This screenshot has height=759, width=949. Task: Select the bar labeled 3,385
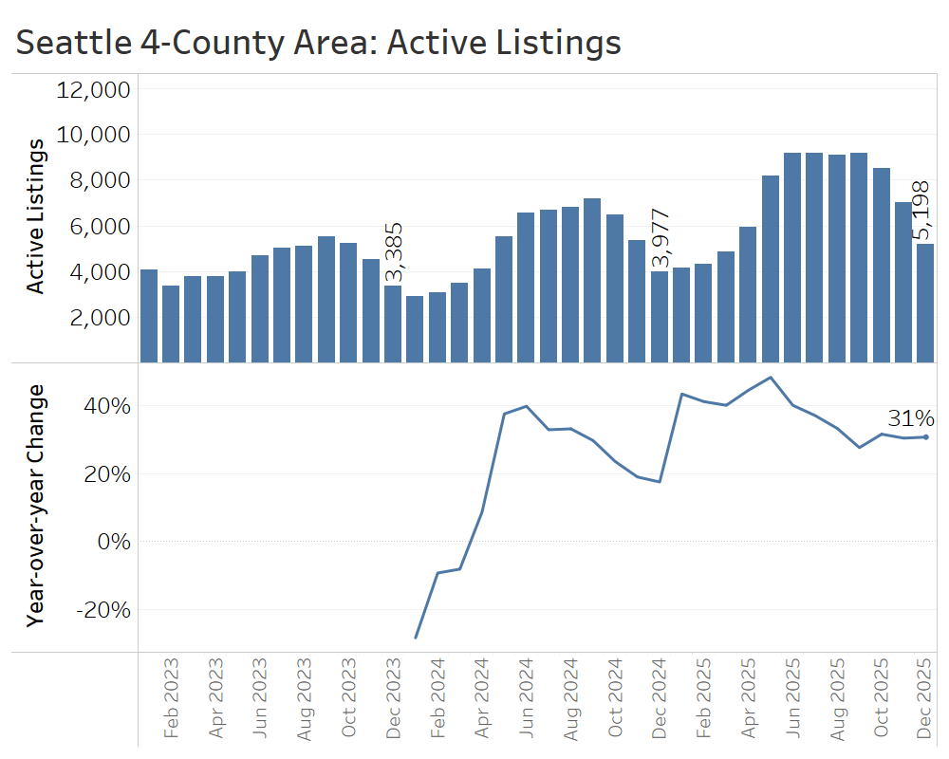pos(392,324)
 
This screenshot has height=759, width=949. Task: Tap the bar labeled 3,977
pos(659,317)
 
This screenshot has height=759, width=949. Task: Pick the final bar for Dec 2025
pos(925,303)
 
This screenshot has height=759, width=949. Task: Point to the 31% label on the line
pos(911,418)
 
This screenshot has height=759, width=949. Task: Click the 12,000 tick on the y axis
pos(93,90)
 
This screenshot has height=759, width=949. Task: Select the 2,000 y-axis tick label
pos(99,318)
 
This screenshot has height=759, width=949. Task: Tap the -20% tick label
pos(103,609)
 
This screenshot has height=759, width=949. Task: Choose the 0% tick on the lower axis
pos(115,542)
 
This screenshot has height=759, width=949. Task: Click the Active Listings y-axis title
pos(35,215)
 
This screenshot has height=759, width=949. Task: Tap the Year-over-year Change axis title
pos(35,505)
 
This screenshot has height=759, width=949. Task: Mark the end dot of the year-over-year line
pos(925,436)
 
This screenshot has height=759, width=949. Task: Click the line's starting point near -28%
pos(415,638)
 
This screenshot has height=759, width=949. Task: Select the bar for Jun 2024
pos(526,287)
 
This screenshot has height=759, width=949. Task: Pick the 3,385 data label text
pos(394,252)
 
